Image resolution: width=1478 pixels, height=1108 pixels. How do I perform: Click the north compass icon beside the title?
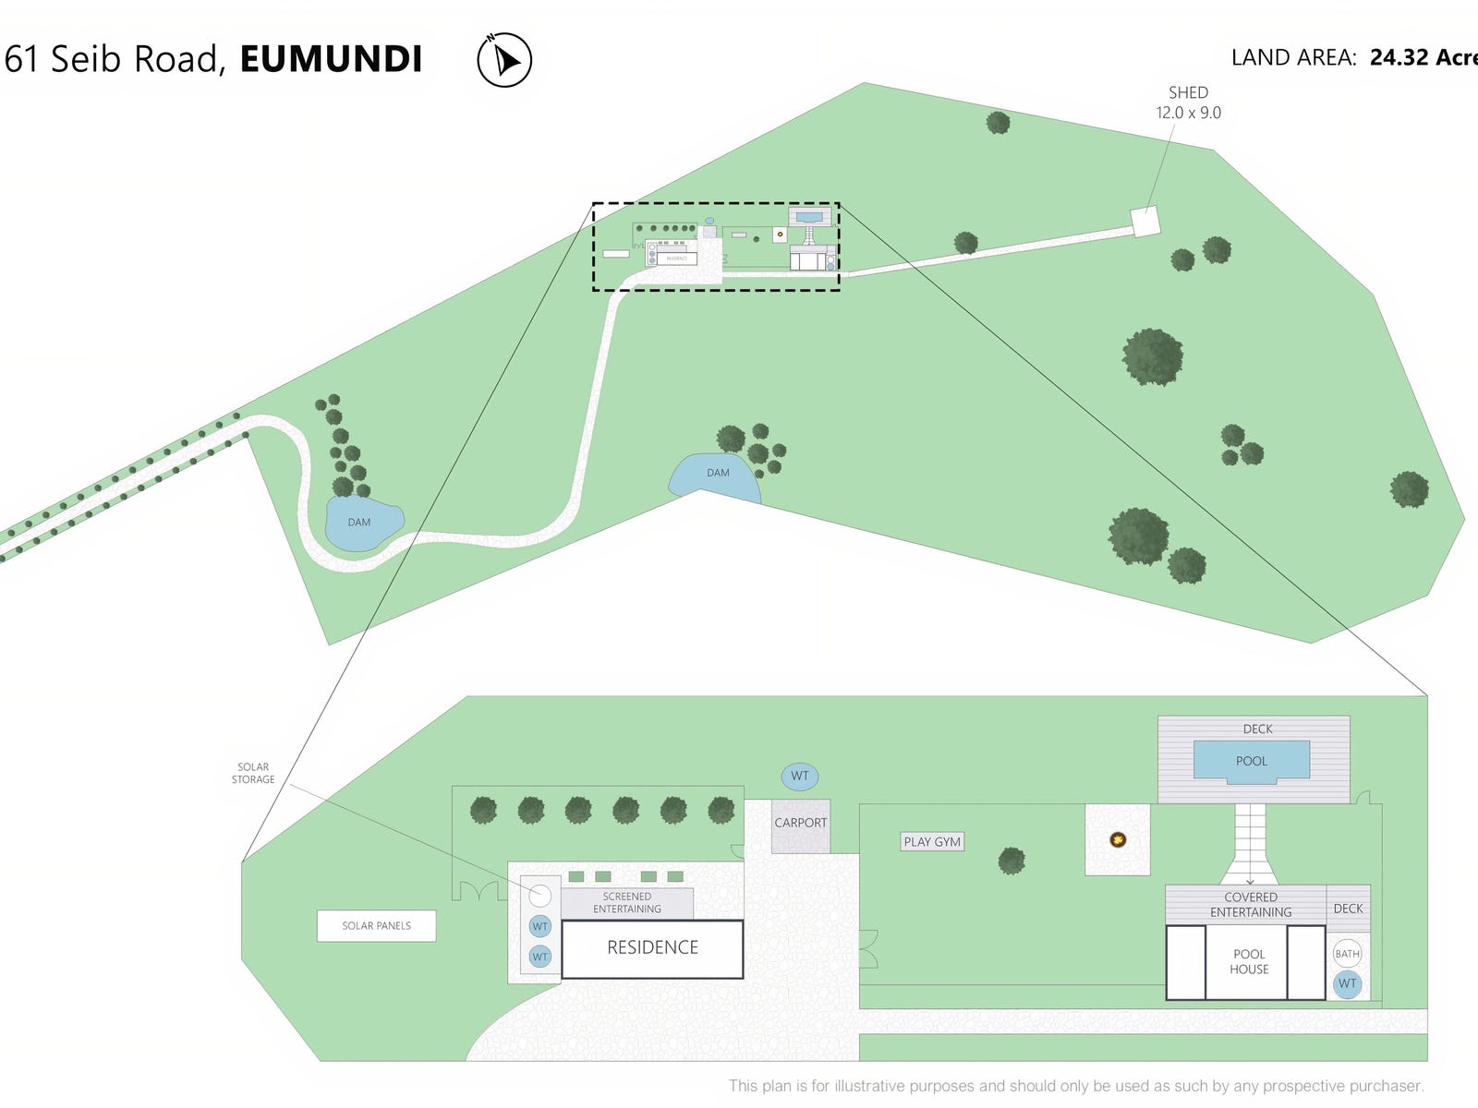(504, 60)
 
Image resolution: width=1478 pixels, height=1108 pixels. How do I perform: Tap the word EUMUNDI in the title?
(331, 59)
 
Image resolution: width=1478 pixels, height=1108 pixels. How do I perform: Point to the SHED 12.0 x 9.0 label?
(1188, 102)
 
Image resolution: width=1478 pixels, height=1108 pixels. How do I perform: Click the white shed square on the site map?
(1145, 222)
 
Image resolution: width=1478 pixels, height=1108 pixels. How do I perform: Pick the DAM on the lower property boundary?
(717, 475)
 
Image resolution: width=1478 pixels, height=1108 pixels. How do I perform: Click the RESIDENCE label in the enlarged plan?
(652, 948)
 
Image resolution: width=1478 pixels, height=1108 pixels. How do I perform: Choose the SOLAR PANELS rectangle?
(376, 926)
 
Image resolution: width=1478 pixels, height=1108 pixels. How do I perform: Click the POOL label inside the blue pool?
(1252, 762)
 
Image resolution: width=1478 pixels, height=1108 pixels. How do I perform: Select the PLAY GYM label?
(932, 842)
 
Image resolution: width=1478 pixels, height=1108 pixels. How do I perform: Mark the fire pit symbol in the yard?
(1118, 839)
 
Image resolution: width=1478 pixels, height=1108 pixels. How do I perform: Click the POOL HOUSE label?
(1249, 962)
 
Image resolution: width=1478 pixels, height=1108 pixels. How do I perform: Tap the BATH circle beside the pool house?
(1347, 954)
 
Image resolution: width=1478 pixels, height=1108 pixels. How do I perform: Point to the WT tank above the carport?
(800, 777)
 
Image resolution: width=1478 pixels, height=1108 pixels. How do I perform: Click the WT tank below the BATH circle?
(1347, 984)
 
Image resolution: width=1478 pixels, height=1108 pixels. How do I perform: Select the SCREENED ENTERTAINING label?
(627, 903)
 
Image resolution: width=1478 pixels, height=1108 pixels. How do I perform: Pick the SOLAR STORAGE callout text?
(253, 774)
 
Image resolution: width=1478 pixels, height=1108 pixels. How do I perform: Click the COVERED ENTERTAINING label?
(1251, 905)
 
